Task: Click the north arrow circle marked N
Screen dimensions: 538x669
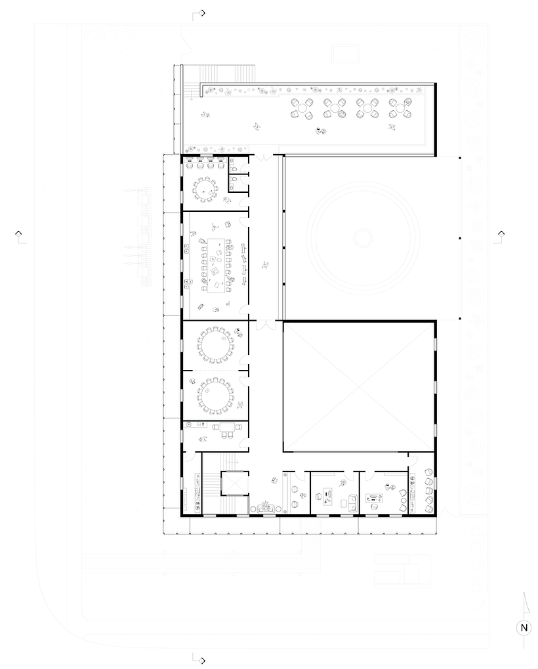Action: (524, 627)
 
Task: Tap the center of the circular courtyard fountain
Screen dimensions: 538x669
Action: (363, 237)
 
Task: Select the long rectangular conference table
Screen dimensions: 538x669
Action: (218, 266)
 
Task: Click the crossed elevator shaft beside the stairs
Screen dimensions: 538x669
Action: (234, 483)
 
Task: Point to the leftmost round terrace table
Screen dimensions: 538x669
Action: (302, 108)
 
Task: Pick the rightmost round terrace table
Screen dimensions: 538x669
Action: (400, 108)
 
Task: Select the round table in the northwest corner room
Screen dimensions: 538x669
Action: (204, 188)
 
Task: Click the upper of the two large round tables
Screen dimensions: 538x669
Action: (216, 345)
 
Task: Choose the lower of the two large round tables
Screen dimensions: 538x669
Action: (216, 396)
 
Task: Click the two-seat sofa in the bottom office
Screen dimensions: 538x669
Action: (353, 502)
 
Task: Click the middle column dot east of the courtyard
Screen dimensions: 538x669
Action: (460, 238)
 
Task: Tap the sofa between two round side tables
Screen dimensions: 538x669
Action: (266, 508)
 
